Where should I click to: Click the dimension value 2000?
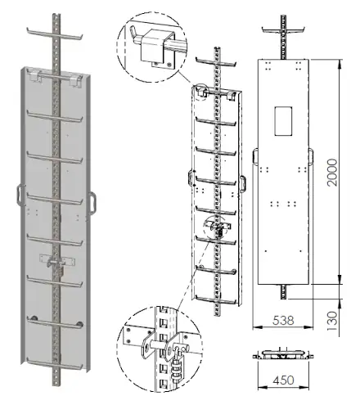point(332,173)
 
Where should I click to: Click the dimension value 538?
point(283,321)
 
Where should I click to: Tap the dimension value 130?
point(332,321)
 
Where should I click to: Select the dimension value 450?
point(283,380)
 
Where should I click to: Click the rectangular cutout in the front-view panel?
point(283,121)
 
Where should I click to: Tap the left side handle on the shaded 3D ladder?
point(20,195)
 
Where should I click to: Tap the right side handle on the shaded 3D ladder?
point(92,203)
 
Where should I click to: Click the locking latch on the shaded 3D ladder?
point(56,263)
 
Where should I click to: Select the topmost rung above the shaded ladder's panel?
point(55,34)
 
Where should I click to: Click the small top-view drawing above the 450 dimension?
point(283,354)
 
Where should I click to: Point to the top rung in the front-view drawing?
point(283,30)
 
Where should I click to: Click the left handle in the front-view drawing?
point(255,156)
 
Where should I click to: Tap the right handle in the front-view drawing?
point(311,156)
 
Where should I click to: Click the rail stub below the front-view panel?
point(283,291)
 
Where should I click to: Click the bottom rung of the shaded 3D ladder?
point(55,365)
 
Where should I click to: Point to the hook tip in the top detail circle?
point(132,28)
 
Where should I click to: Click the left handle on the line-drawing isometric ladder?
point(191,178)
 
